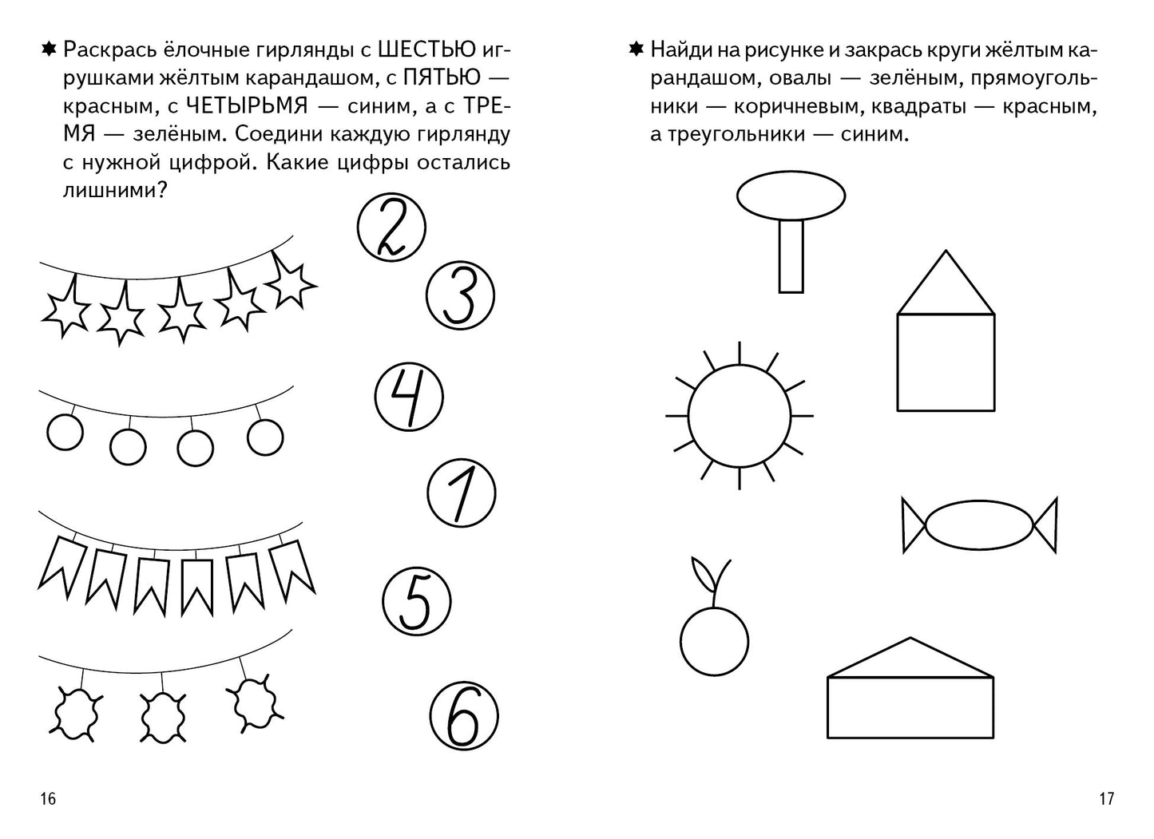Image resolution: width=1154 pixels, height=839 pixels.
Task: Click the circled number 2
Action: (391, 227)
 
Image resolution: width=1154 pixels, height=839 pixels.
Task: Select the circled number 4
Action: (409, 397)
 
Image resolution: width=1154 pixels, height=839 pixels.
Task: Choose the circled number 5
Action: (416, 601)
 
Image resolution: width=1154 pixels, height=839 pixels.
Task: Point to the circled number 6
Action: (463, 716)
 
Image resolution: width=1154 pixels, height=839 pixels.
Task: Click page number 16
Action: (48, 798)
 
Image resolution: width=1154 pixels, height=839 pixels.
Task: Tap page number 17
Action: (1106, 798)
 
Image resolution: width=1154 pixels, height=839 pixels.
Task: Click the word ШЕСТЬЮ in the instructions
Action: (426, 50)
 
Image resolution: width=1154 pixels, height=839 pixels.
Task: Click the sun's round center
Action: (739, 415)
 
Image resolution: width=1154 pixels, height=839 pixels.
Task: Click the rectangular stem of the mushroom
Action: (791, 256)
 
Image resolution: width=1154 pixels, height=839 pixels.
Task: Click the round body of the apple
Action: (714, 642)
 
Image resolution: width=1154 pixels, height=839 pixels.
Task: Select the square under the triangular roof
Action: (946, 362)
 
